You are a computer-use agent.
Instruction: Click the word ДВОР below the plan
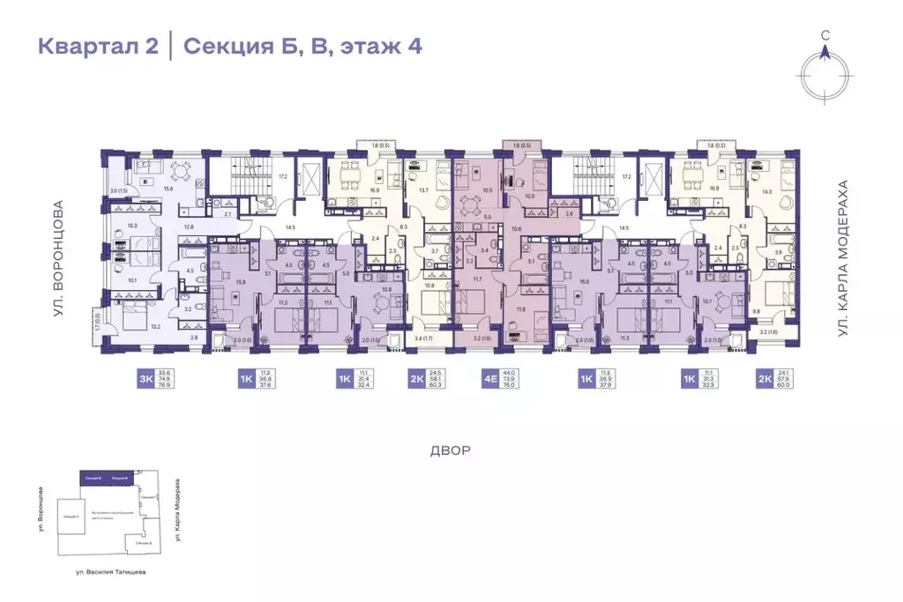click(451, 450)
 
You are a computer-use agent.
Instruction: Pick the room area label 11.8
click(520, 309)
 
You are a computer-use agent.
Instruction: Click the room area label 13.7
click(423, 190)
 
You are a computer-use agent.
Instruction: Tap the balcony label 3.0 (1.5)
click(118, 190)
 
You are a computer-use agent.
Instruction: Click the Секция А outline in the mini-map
click(71, 516)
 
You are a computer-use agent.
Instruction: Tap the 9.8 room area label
click(756, 310)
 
